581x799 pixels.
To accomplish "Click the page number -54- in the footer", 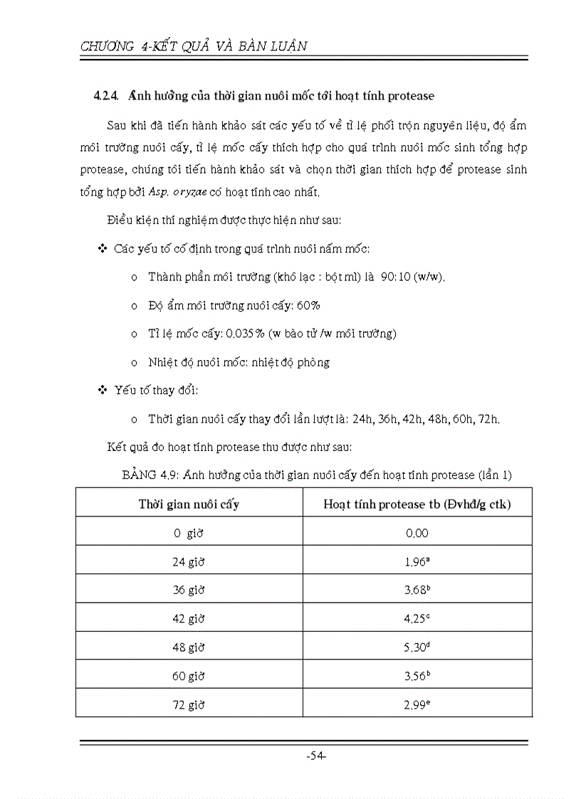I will pyautogui.click(x=315, y=756).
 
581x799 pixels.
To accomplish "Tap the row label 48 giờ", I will pyautogui.click(x=189, y=647).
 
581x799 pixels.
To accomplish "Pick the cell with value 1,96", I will pyautogui.click(x=417, y=561).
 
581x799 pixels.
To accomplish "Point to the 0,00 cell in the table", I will pyautogui.click(x=417, y=533).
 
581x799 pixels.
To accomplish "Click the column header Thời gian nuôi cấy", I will pyautogui.click(x=189, y=504).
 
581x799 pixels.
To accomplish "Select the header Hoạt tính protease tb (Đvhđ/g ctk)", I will pyautogui.click(x=417, y=504).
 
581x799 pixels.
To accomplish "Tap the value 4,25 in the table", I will pyautogui.click(x=417, y=618).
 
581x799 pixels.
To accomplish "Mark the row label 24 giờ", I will pyautogui.click(x=189, y=561).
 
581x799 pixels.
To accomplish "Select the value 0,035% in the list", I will pyautogui.click(x=246, y=334).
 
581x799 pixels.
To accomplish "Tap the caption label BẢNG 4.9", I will pyautogui.click(x=150, y=475).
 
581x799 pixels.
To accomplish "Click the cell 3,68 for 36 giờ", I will pyautogui.click(x=417, y=590).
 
